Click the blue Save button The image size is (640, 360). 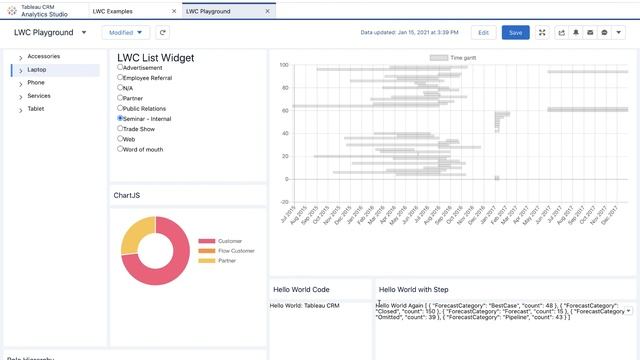(515, 32)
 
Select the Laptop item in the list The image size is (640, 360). (37, 70)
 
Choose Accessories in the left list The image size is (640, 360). (44, 56)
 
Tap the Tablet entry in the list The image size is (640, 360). (36, 108)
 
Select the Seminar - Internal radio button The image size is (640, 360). (121, 118)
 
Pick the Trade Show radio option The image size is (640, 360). (121, 128)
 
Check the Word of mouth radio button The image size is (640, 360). (121, 149)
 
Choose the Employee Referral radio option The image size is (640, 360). (121, 77)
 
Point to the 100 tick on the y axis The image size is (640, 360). (284, 65)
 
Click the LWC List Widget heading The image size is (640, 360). (155, 58)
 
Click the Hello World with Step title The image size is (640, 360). (414, 289)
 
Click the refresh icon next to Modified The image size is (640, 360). (162, 32)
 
